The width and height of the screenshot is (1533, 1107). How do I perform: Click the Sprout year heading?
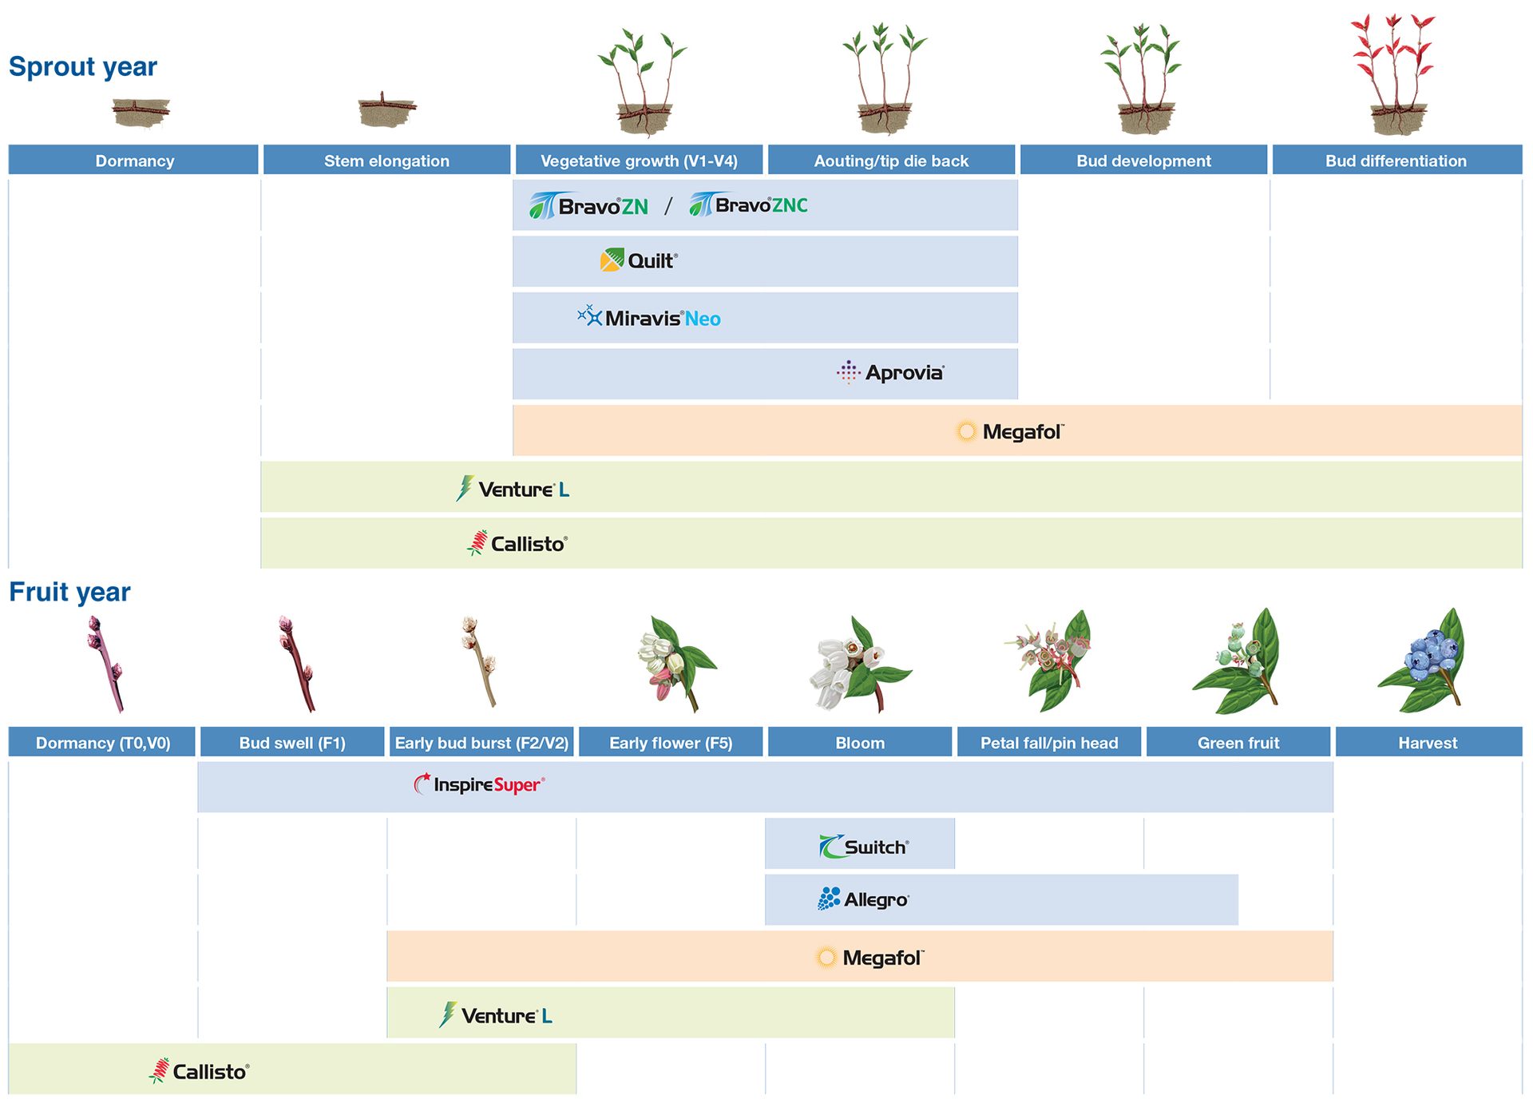pos(83,66)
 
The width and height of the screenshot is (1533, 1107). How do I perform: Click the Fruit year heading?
pos(69,592)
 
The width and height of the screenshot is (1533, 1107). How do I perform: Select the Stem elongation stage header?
pos(386,161)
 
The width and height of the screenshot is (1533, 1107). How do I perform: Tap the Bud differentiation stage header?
pos(1396,161)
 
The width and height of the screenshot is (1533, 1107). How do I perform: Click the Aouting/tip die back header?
pos(890,161)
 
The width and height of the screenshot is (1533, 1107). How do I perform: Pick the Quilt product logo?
pos(639,260)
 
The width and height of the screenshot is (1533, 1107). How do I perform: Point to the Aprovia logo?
pos(890,372)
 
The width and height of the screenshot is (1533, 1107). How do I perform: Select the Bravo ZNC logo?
pos(748,205)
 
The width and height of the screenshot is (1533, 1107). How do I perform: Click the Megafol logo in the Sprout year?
pos(1010,431)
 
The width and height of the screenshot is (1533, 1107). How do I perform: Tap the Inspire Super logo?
pos(479,784)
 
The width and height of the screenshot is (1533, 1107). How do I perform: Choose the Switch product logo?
pos(864,847)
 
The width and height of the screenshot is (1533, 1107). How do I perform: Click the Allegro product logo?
pos(863,899)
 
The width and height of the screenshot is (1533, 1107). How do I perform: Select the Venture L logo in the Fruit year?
pos(496,1015)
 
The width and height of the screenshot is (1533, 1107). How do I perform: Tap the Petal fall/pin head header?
pos(1048,743)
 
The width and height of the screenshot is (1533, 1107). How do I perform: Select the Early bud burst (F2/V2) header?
pos(481,743)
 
